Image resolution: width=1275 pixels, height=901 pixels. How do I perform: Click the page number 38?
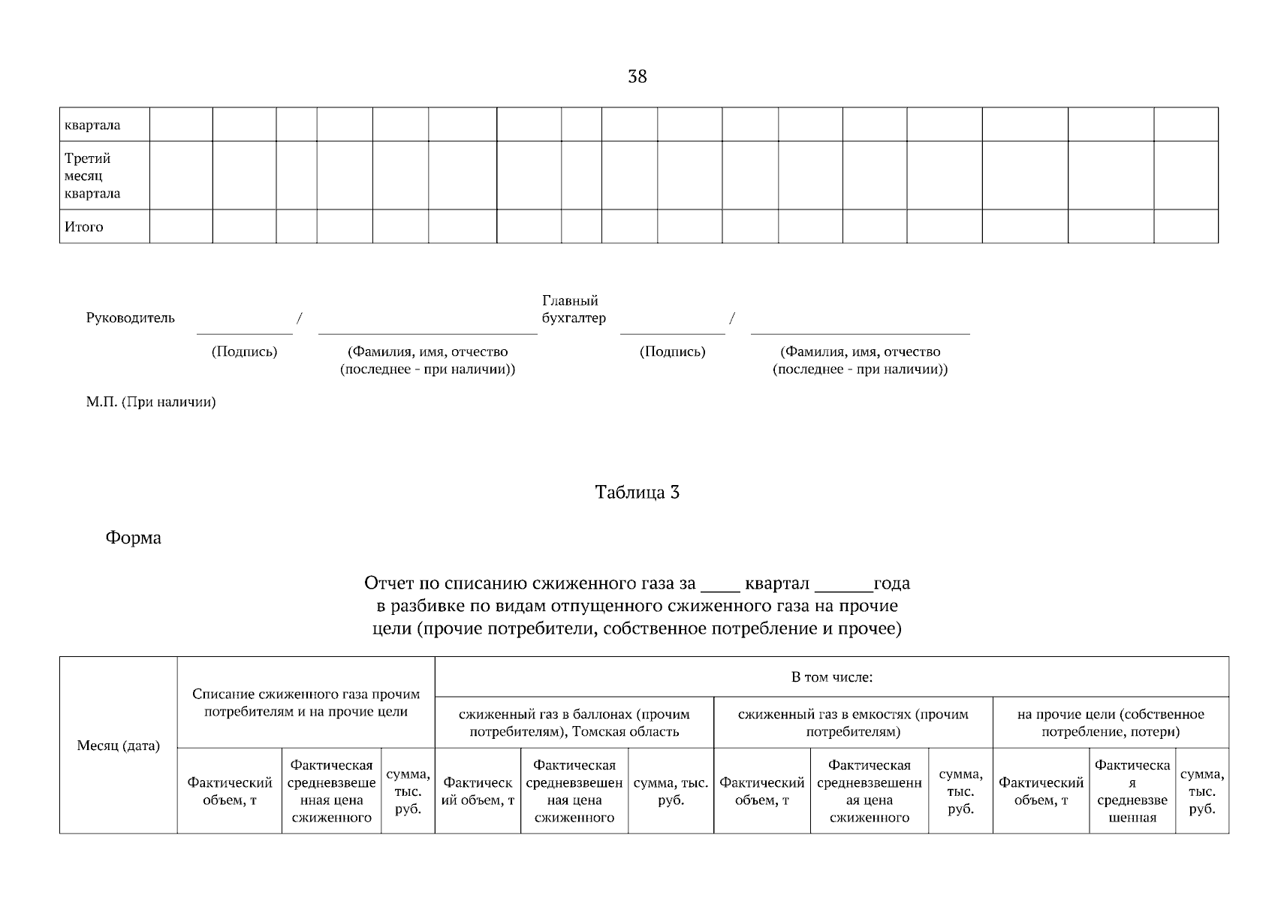637,77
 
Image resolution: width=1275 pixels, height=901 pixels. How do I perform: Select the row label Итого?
84,227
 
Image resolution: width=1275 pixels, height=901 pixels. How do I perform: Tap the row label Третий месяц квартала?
92,176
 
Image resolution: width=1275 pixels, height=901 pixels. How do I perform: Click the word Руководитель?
131,318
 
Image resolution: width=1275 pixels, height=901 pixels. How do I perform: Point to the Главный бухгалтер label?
574,309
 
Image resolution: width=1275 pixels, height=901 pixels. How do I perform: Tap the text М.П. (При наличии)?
151,402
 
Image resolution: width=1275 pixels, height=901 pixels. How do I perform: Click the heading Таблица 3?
637,493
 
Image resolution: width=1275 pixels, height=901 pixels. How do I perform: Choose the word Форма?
134,538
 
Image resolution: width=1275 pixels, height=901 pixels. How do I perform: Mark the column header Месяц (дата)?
119,746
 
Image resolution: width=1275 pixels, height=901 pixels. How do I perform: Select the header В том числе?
831,677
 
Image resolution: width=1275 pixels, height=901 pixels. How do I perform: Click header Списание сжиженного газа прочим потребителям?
306,703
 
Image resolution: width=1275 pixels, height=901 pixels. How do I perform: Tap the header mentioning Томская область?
574,723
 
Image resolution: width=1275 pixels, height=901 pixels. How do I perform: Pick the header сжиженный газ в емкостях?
853,723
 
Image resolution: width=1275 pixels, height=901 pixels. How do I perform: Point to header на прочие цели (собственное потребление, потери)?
1111,723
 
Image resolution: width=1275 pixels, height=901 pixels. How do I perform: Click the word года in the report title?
892,583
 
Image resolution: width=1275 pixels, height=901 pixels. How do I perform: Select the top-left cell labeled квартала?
92,125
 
